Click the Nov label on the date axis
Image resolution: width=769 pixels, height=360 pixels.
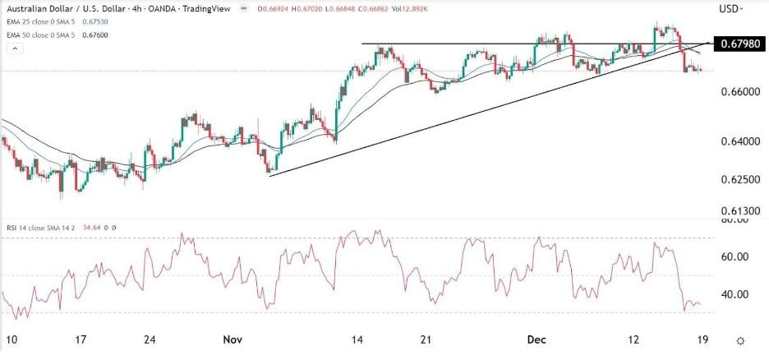[231, 338]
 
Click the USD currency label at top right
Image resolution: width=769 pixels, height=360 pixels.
[729, 9]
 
